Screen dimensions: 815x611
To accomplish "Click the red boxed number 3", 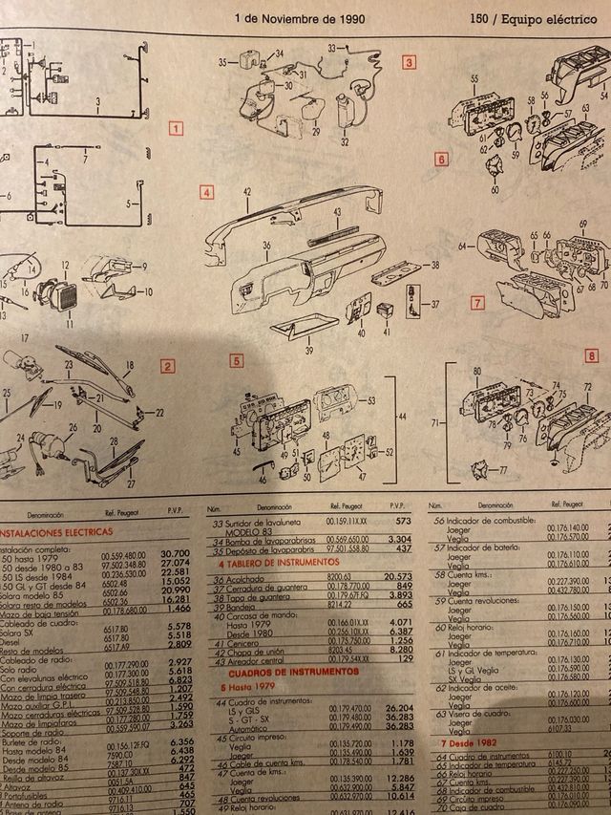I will (x=410, y=64).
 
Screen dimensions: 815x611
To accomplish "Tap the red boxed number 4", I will (x=206, y=192).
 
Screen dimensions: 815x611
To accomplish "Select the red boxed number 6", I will (x=441, y=159).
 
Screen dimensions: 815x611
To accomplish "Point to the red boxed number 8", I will (x=592, y=354).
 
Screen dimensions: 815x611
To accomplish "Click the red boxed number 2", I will (x=167, y=365).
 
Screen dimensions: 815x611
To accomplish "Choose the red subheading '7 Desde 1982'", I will (x=469, y=742).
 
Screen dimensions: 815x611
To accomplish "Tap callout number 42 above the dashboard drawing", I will (x=246, y=193).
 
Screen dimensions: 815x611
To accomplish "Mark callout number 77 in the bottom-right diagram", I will (x=504, y=472).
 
